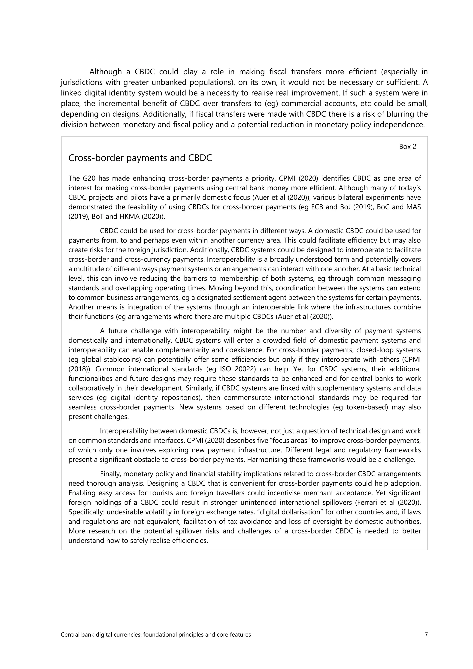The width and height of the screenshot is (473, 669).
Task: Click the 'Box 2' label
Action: [407, 147]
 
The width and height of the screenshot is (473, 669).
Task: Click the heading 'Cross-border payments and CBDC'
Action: [140, 158]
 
